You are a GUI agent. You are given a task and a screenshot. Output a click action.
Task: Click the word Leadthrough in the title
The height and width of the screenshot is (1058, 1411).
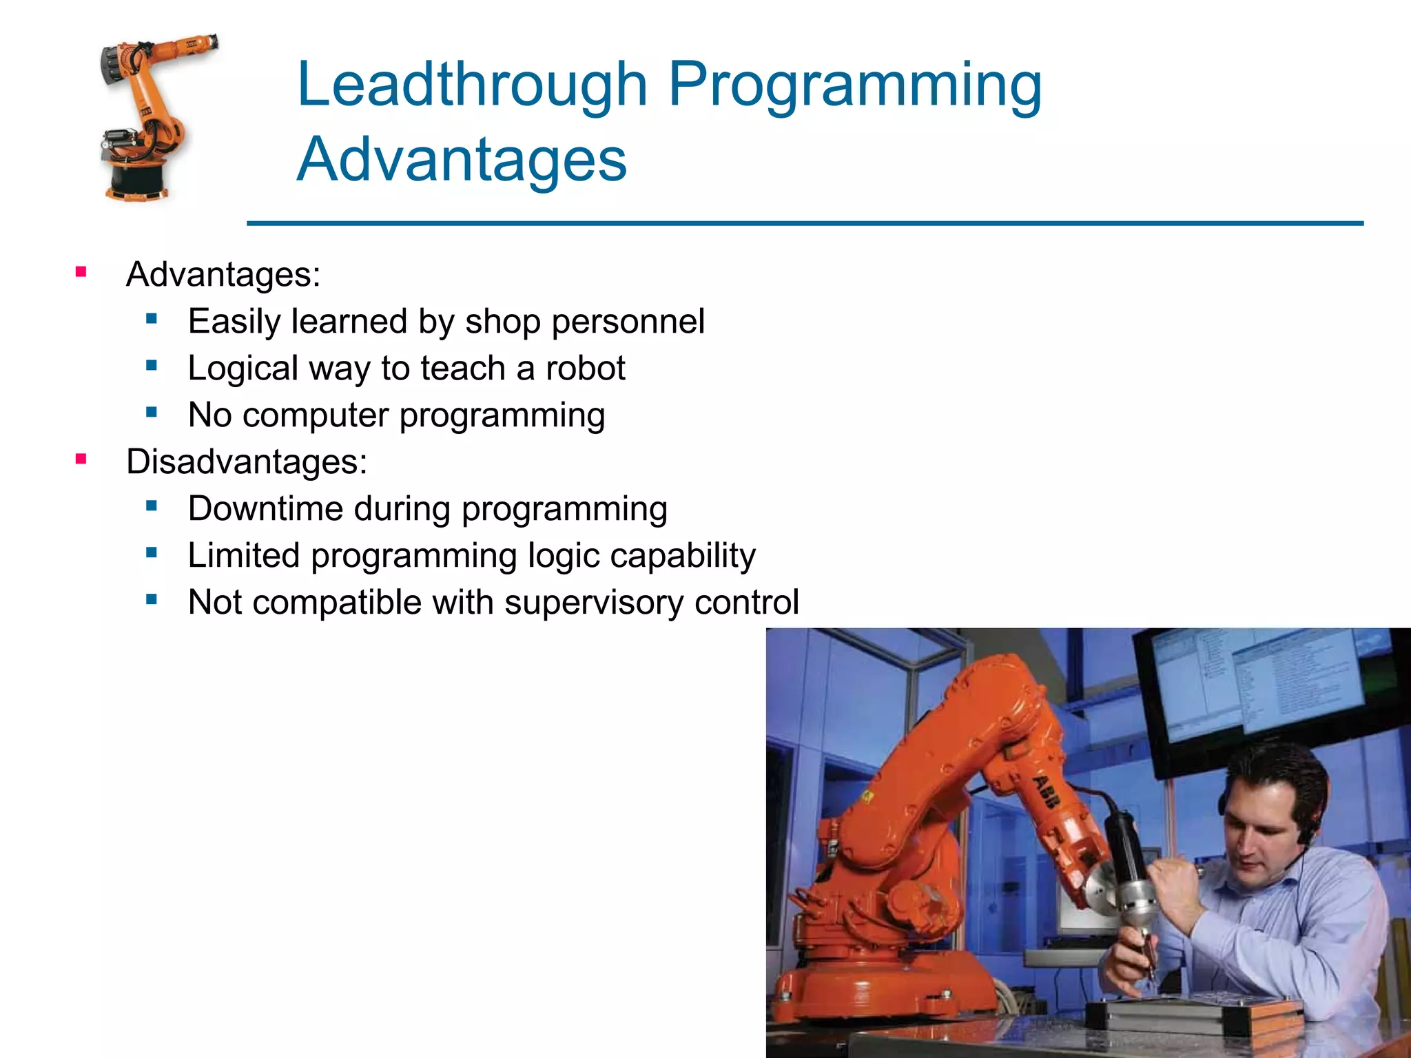coord(472,85)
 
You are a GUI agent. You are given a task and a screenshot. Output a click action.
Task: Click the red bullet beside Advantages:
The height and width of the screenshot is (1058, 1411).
coord(81,272)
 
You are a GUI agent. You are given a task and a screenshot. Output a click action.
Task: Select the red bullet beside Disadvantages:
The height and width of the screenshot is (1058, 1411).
coord(81,459)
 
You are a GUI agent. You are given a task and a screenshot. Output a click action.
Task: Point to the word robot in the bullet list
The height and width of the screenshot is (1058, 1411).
coord(585,368)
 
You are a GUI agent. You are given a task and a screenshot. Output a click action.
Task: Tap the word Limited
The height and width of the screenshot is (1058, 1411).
coord(244,555)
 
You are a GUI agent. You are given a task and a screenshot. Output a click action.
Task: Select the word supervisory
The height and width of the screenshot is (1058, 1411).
coord(593,602)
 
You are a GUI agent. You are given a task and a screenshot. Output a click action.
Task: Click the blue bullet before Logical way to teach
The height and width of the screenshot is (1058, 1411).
coord(152,366)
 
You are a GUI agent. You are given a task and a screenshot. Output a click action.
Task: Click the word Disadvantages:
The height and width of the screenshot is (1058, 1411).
coord(247,461)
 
